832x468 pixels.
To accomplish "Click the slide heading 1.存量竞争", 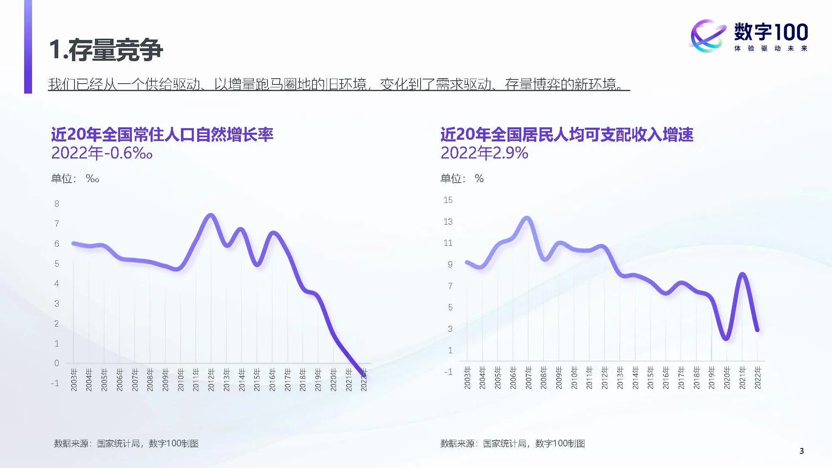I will coord(106,50).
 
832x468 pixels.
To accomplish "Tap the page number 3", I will coord(801,451).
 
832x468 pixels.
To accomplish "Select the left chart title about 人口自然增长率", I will coord(162,134).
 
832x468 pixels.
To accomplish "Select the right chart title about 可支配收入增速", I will coord(567,134).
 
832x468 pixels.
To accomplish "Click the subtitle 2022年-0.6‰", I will coord(102,154).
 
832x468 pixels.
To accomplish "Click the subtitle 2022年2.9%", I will coord(484,153).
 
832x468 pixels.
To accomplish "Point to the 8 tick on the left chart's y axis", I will coord(57,204).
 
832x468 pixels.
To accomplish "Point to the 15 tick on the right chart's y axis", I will coord(448,200).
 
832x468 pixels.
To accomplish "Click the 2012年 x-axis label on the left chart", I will coord(211,379).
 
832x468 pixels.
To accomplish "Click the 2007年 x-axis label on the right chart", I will coord(528,378).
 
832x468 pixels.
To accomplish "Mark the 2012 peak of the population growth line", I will coord(210,215).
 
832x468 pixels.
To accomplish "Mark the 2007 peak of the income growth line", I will coord(527,218).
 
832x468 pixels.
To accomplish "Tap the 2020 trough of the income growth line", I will coord(726,338).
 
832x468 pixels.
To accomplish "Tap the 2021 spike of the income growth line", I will coord(742,275).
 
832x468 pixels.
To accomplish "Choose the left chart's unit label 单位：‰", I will coord(75,179).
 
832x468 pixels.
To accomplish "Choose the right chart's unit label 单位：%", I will coord(462,179).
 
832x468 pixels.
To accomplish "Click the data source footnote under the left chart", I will coord(126,443).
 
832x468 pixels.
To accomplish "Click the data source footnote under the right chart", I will coord(513,443).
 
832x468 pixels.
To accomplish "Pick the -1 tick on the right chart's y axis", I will coord(448,372).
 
